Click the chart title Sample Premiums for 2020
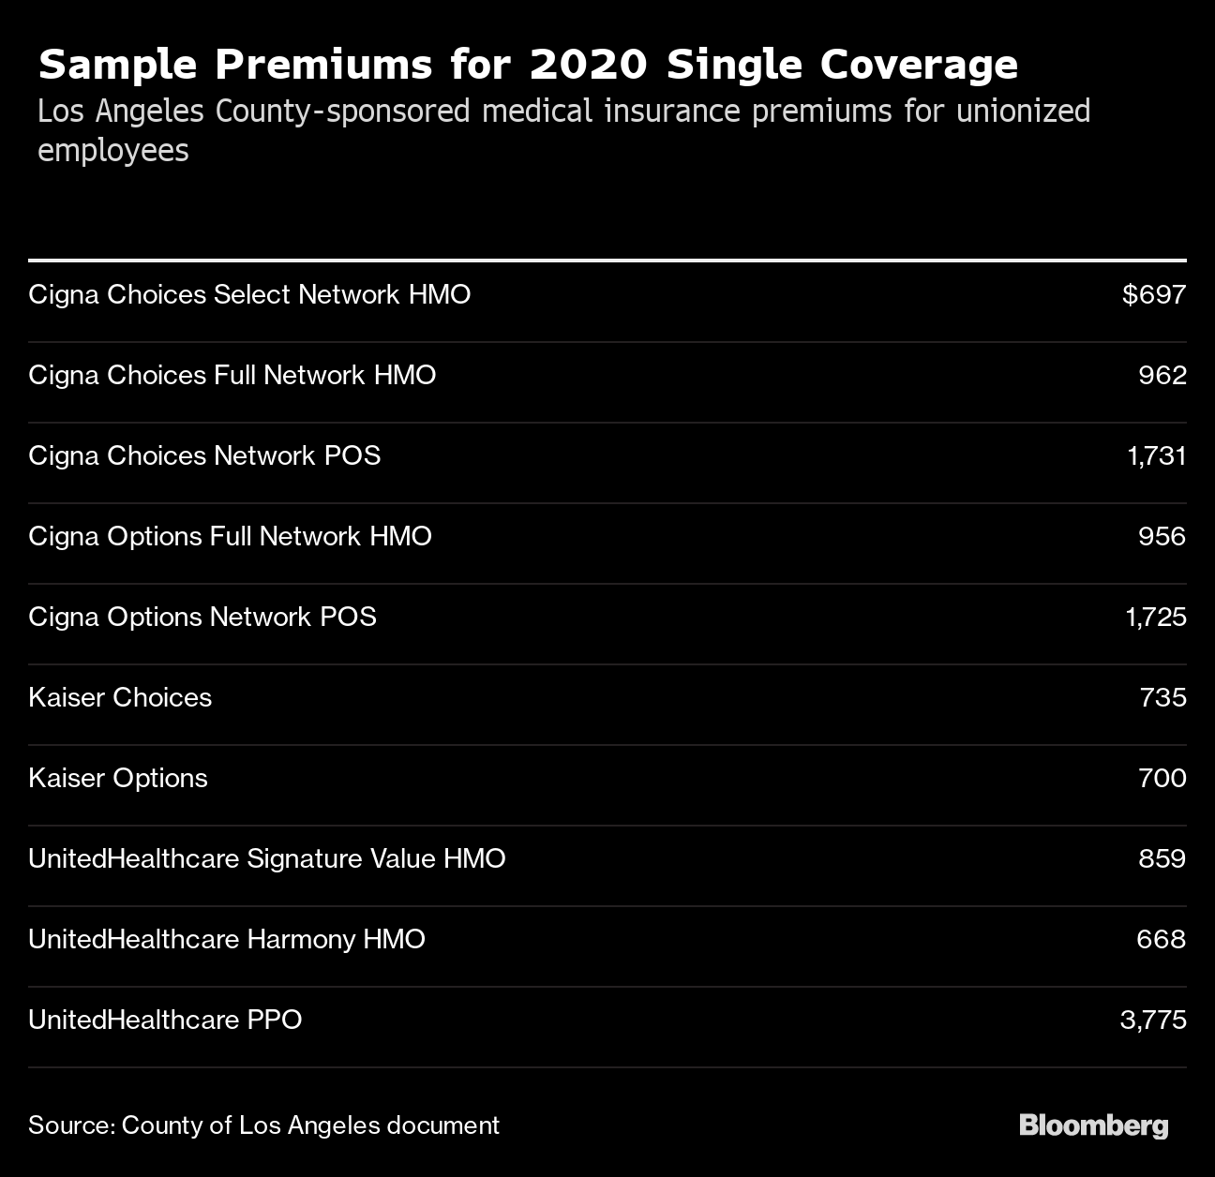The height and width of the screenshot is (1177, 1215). (527, 66)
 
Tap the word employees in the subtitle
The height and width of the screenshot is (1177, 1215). (112, 151)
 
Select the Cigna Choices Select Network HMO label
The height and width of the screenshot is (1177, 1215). (249, 295)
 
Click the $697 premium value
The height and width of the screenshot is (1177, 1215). (1154, 295)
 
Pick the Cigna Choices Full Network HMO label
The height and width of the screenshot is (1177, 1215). (232, 376)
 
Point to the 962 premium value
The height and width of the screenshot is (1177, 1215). (1162, 376)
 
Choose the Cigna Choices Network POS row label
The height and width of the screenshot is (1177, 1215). (204, 456)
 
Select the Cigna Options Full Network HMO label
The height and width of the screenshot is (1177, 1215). (230, 537)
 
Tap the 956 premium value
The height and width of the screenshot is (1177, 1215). (1162, 537)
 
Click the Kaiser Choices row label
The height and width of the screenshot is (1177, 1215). (120, 698)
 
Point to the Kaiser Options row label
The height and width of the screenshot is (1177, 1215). (118, 779)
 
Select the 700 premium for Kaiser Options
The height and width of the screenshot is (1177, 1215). (1162, 779)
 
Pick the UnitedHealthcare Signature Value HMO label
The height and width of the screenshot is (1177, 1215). (266, 859)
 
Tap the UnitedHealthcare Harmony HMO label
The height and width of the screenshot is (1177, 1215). (227, 940)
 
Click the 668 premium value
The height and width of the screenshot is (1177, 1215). (1162, 940)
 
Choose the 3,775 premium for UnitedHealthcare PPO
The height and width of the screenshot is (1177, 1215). (1153, 1021)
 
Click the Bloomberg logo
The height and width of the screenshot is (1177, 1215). (1093, 1125)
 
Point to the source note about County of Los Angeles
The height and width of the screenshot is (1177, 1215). (263, 1125)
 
